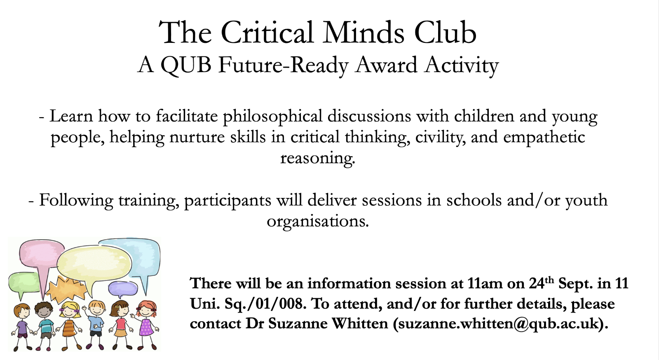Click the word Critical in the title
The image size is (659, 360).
267,33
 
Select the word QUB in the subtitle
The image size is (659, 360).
186,65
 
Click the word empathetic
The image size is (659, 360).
544,137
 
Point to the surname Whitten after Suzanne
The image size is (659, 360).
360,323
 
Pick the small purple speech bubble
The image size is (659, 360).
123,288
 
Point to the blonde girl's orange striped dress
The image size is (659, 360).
69,328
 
